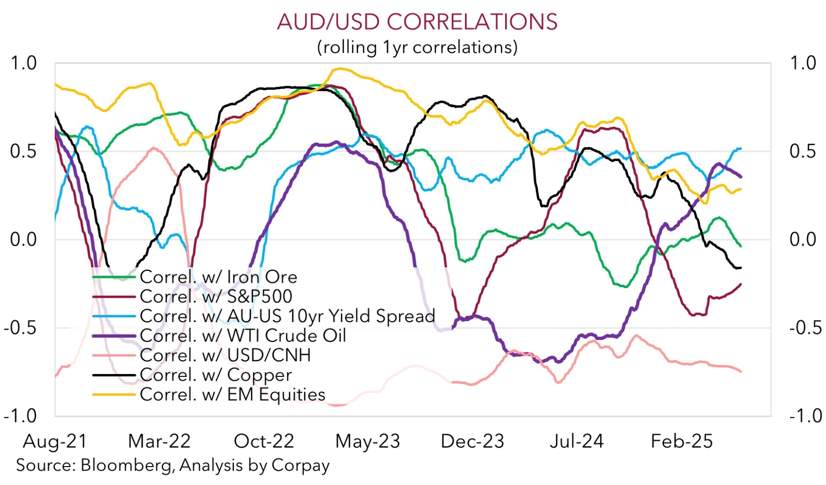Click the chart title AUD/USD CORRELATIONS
417,22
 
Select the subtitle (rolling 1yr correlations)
417,47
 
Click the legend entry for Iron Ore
218,277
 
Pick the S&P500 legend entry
216,296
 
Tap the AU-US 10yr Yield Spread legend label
287,316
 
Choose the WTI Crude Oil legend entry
243,336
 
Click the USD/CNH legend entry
225,355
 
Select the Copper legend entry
215,375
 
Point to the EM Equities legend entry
232,394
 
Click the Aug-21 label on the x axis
55,441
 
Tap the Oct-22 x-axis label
264,441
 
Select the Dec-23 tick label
472,441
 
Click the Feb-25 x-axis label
681,441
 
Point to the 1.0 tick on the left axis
24,63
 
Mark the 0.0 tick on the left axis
24,240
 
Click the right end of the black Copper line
741,268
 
